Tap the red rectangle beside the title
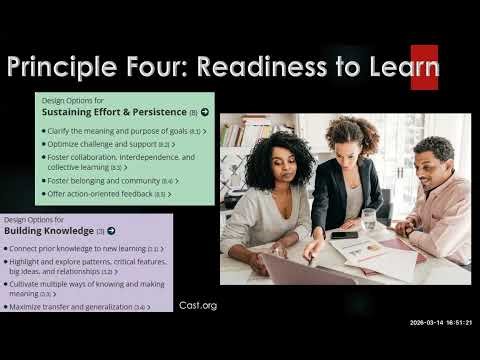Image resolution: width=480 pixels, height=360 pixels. click(424, 67)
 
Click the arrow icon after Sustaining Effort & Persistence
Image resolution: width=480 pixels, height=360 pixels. click(205, 113)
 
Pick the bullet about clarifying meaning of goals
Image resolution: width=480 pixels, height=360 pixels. click(123, 131)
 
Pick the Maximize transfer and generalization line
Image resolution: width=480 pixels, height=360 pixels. click(79, 307)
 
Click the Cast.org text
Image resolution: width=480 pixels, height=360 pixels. click(197, 305)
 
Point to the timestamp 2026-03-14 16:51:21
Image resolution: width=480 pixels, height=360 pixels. click(441, 322)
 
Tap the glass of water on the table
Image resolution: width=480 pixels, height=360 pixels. click(369, 218)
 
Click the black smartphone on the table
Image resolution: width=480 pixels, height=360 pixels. click(343, 235)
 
